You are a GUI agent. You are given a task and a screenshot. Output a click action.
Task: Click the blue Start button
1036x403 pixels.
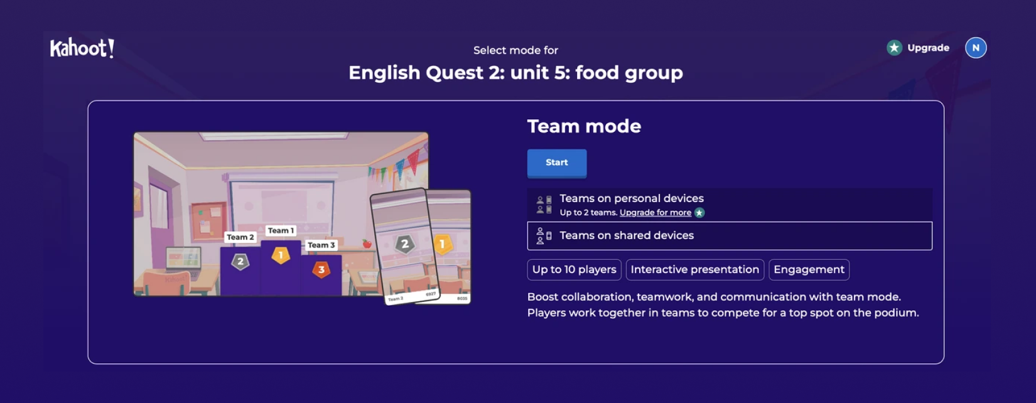point(556,163)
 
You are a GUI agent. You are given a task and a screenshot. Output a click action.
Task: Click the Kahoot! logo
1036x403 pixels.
point(82,48)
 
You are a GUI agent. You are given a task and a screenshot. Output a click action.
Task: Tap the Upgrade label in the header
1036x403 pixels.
point(928,48)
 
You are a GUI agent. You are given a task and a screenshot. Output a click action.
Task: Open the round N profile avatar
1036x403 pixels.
point(975,48)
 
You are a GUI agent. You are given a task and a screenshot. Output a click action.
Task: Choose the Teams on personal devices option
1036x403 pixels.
point(631,198)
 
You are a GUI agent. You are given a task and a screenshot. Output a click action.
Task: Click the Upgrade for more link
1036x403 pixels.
point(655,213)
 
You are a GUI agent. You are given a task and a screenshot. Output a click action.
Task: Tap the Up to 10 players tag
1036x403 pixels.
point(574,270)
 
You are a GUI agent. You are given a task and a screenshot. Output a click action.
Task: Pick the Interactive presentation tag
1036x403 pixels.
point(694,270)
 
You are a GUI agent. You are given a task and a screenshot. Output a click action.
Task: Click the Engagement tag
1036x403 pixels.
point(809,270)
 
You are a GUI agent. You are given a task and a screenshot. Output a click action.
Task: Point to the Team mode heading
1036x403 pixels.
point(584,126)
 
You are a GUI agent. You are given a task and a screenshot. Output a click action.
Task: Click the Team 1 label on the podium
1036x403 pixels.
point(281,230)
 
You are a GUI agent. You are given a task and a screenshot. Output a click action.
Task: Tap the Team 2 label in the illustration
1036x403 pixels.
point(240,237)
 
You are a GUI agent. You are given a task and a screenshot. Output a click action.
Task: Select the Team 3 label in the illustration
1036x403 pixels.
point(321,245)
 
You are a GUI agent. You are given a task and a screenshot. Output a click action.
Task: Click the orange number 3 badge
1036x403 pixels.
point(321,270)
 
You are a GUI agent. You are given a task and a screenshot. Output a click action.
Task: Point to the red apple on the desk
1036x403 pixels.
point(367,244)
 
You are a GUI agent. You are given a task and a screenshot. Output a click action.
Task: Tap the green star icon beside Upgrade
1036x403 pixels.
point(894,48)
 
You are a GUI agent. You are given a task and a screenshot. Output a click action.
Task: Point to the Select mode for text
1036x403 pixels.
point(515,50)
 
